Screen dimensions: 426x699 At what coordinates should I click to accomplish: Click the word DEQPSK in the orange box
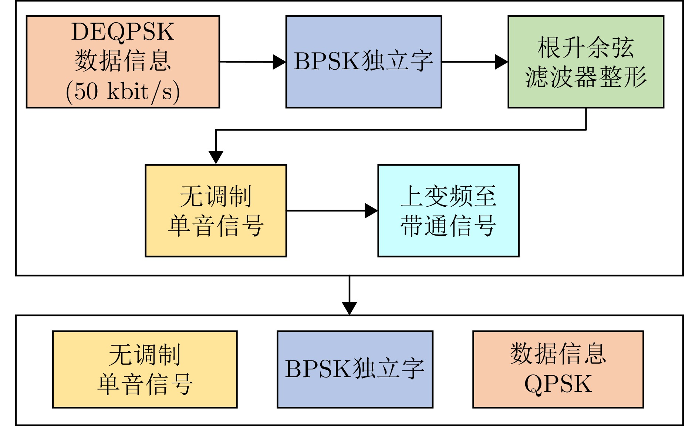point(122,32)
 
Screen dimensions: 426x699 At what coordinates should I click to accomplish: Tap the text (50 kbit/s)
point(122,91)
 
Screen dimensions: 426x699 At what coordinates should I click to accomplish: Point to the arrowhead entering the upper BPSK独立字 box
point(279,62)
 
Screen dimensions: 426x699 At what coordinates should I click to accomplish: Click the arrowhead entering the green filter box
point(502,62)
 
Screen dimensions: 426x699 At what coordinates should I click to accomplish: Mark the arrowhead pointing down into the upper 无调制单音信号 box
point(216,157)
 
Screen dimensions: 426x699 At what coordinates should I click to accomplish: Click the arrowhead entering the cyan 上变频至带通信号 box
point(371,210)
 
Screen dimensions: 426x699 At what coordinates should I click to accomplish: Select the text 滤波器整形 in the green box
point(586,77)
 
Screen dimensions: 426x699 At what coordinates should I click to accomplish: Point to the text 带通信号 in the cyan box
point(448,226)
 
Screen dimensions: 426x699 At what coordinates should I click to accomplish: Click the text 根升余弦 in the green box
point(586,47)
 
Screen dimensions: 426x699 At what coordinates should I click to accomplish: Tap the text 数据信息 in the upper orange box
point(122,61)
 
